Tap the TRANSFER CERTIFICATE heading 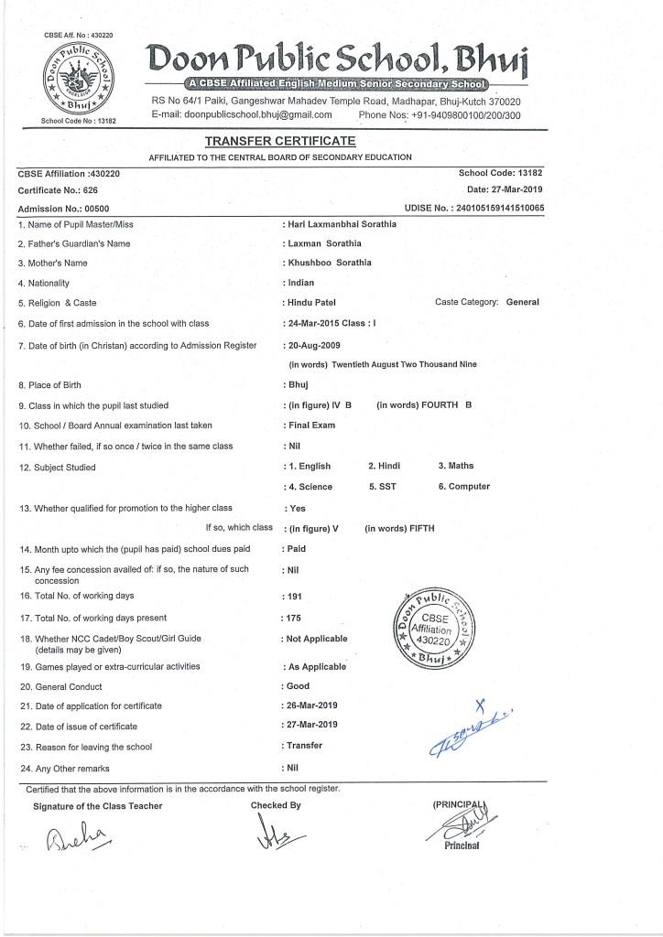280,142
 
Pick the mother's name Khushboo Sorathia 330,263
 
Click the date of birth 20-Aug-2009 315,346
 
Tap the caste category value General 523,302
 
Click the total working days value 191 295,597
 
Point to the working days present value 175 295,618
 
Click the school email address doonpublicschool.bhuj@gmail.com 245,115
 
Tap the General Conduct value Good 299,686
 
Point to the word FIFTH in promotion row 417,529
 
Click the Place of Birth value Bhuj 297,386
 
